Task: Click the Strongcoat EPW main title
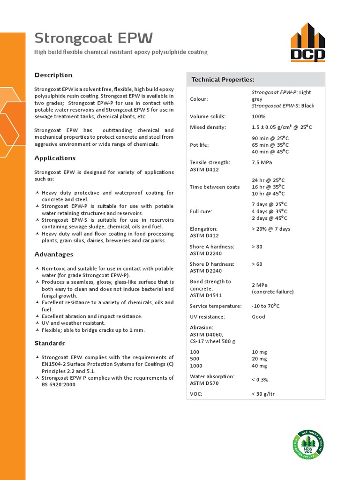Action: pyautogui.click(x=94, y=38)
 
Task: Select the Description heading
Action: pyautogui.click(x=53, y=75)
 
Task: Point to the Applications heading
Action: pyautogui.click(x=55, y=158)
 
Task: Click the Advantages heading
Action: pyautogui.click(x=54, y=255)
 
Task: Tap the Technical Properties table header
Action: pyautogui.click(x=223, y=80)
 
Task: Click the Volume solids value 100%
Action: pyautogui.click(x=258, y=116)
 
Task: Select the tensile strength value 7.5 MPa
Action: pyautogui.click(x=262, y=162)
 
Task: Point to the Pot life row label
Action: pyautogui.click(x=199, y=145)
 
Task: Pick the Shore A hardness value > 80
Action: pyautogui.click(x=257, y=247)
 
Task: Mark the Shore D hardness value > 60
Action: pyautogui.click(x=257, y=264)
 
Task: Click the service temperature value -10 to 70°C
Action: pyautogui.click(x=265, y=306)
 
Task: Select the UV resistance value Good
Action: pyautogui.click(x=258, y=317)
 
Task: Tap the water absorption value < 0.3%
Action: pyautogui.click(x=260, y=380)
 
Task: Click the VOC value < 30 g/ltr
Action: pyautogui.click(x=263, y=394)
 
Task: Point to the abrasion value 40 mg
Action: pyautogui.click(x=259, y=366)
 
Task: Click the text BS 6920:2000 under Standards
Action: pyautogui.click(x=59, y=384)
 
